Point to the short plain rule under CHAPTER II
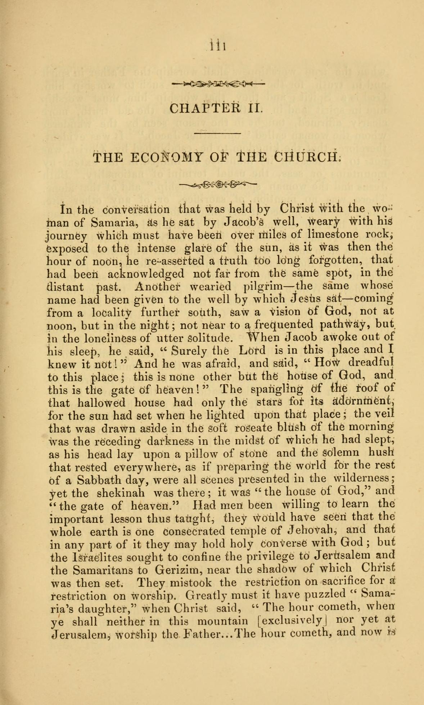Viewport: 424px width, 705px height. tap(217, 133)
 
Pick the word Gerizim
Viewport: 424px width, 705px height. tap(176, 571)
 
